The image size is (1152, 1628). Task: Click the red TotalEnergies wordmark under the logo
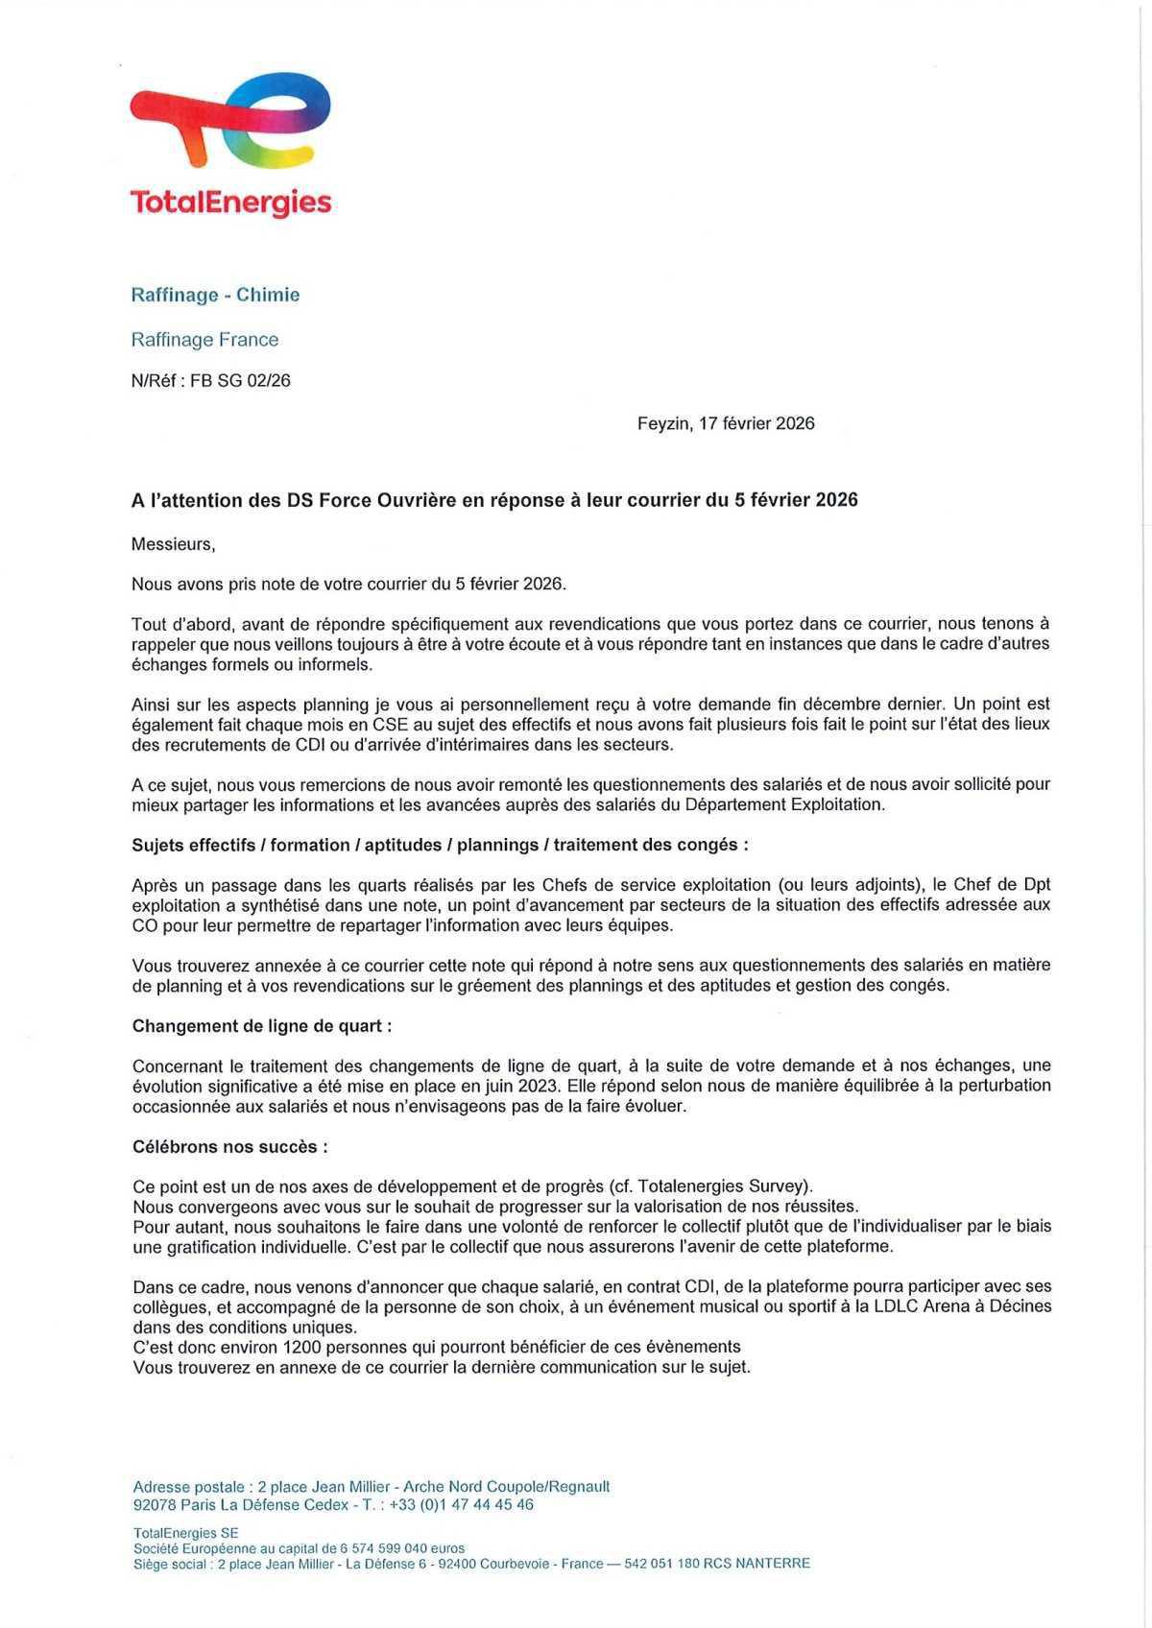coord(230,203)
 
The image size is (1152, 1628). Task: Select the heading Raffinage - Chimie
coord(215,295)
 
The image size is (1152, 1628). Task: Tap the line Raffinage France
coord(204,340)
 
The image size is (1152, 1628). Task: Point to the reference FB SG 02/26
coord(240,381)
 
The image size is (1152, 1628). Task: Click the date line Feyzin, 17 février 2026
coord(726,423)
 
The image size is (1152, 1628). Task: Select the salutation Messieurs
coord(173,544)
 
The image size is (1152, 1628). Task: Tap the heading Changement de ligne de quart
coord(261,1026)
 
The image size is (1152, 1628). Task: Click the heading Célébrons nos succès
coord(229,1147)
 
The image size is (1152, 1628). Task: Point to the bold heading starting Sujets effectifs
coord(440,846)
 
